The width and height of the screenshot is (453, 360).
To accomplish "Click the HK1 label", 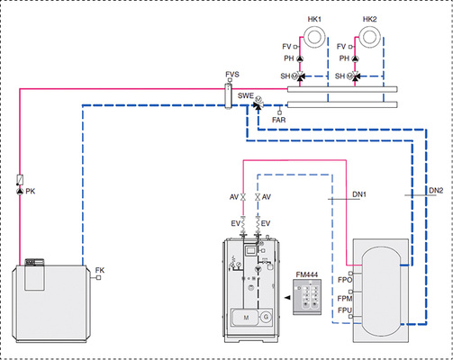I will coord(313,19).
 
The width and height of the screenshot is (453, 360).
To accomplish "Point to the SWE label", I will coord(245,94).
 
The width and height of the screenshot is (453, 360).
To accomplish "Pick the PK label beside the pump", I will coord(31,192).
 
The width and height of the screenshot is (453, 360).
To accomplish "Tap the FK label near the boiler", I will coord(100,268).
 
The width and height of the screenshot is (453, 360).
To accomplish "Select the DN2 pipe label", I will coord(436,192).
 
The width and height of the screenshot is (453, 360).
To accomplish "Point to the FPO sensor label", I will coord(344,280).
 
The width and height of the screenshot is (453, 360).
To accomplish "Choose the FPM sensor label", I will coord(344,294).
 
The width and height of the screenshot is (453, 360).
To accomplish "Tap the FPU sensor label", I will coord(344,310).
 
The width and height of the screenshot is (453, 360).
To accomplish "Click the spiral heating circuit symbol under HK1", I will coord(317,38).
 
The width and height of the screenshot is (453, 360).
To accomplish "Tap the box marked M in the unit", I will coord(245,317).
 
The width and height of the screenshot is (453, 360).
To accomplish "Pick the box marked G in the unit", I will coord(265,317).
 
